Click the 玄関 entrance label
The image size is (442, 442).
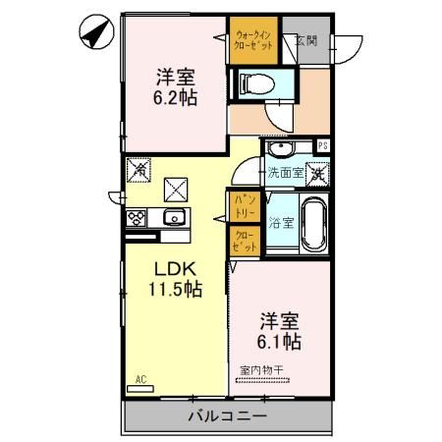click(306, 41)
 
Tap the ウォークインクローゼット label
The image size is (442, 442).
click(253, 42)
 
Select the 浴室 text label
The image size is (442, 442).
click(282, 223)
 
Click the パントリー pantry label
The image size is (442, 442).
click(244, 207)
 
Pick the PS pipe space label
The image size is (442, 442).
click(322, 147)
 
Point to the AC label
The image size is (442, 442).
click(139, 378)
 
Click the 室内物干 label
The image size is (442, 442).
click(261, 371)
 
